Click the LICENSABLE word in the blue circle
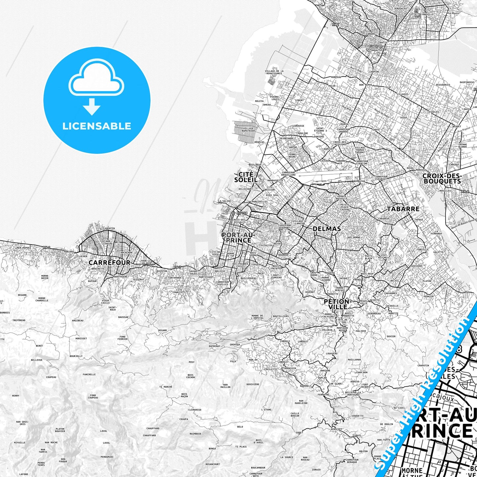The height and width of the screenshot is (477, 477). [x=97, y=126]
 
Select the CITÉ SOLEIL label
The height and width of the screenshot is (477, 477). [x=246, y=177]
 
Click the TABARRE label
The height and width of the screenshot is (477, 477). [x=403, y=209]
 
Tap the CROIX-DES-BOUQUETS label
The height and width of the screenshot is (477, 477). [x=442, y=179]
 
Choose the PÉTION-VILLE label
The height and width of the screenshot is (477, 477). [x=336, y=304]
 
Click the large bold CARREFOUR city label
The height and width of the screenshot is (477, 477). [x=109, y=262]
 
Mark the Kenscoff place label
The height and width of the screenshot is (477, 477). [x=336, y=429]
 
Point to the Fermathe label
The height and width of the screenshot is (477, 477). [x=323, y=394]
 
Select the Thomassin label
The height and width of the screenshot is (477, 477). [x=290, y=368]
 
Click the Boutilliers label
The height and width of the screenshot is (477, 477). [x=281, y=316]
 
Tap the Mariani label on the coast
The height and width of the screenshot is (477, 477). [x=69, y=252]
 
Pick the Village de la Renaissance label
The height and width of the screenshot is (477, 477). [x=274, y=72]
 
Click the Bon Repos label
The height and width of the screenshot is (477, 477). [x=366, y=85]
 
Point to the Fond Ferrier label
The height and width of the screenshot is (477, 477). [x=122, y=338]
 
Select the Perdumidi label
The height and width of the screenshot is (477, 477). [x=107, y=457]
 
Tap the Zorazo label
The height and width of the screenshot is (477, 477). [x=316, y=470]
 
